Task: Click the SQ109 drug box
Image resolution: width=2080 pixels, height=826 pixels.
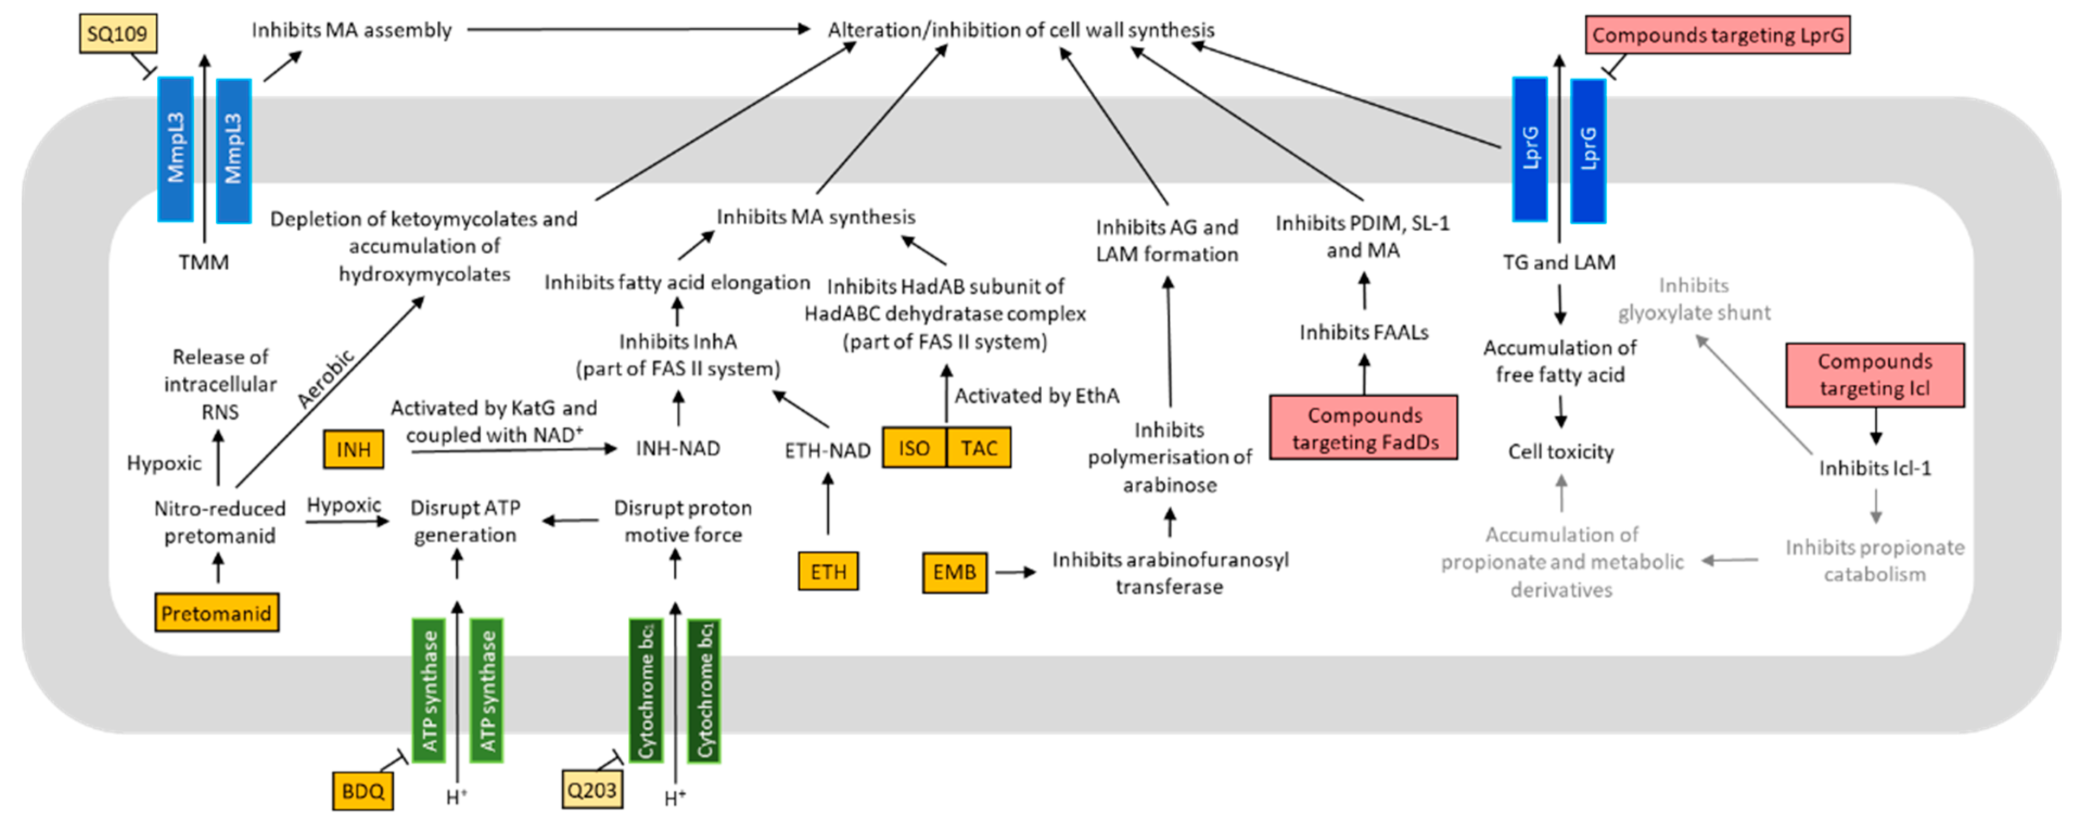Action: pos(118,34)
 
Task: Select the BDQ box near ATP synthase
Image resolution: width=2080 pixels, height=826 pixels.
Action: pos(362,791)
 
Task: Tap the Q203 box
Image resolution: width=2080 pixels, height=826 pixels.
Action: pos(592,790)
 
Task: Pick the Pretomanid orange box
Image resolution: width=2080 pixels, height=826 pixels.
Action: pos(216,613)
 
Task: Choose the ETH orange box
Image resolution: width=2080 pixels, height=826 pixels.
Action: pos(828,571)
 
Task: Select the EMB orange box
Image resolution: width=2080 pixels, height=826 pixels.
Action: pos(954,571)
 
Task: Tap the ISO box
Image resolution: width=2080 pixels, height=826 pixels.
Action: pos(914,448)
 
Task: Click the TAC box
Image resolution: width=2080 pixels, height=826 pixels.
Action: pos(979,448)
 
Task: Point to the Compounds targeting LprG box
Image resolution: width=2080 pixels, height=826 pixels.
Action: pos(1718,35)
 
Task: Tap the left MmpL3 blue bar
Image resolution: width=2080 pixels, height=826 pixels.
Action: pos(175,149)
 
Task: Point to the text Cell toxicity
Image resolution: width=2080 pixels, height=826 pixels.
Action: pos(1560,452)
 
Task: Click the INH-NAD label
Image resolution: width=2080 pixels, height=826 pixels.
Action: pos(678,448)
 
